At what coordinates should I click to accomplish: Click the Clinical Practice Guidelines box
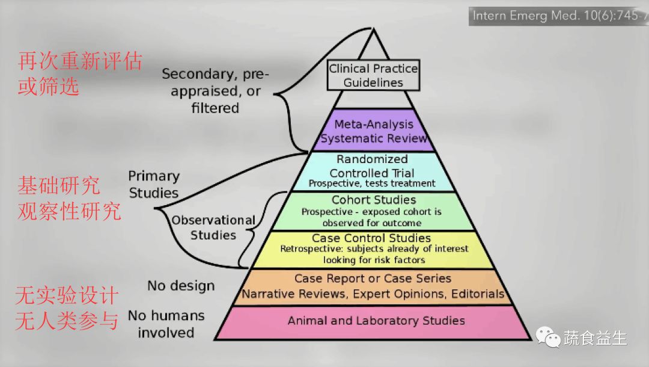point(373,75)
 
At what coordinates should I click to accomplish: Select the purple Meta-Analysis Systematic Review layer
point(374,131)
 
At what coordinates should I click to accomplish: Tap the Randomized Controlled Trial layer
point(373,171)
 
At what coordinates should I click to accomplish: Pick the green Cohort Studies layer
point(373,211)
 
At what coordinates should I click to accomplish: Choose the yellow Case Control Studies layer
point(373,249)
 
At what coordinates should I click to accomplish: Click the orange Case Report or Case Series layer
point(373,286)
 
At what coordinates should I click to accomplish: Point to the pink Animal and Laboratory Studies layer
point(376,321)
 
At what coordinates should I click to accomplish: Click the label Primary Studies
point(154,184)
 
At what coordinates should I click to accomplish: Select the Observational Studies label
point(213,227)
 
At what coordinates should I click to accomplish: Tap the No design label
point(181,285)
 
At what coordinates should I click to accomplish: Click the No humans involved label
point(166,324)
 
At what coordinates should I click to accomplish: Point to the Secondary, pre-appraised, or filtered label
point(216,91)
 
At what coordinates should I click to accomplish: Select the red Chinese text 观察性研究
point(70,212)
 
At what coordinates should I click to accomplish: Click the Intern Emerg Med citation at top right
point(558,16)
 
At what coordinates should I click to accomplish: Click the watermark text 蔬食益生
point(595,338)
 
